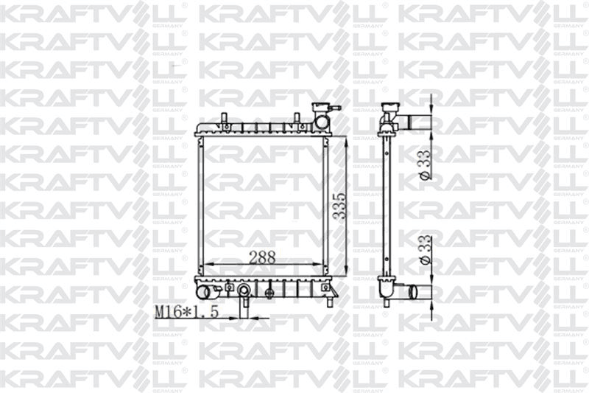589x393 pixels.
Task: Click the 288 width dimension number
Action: point(262,257)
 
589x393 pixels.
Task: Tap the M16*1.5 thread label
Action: point(187,312)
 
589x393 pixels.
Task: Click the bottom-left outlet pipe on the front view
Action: point(203,293)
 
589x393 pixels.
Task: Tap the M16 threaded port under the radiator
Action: point(243,292)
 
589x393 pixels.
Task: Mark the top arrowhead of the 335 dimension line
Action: point(347,141)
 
